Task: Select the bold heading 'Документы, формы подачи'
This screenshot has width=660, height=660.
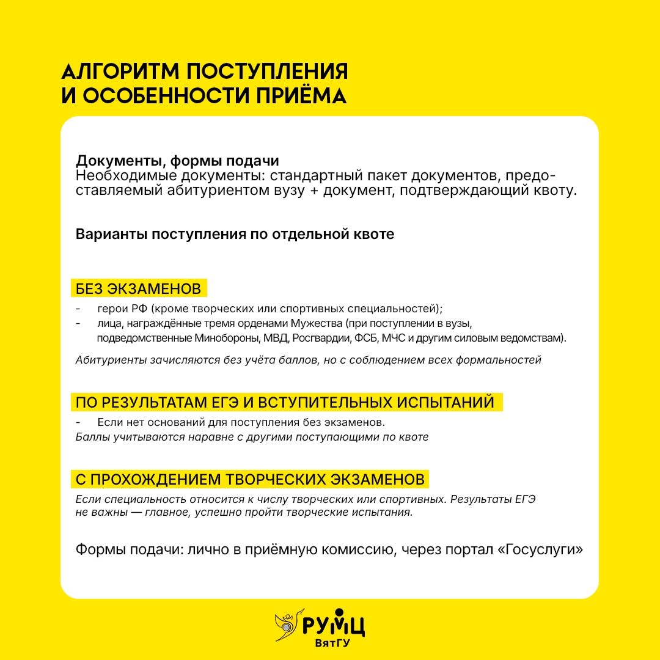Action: tap(177, 161)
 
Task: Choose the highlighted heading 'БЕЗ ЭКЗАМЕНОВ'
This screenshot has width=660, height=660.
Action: tap(138, 288)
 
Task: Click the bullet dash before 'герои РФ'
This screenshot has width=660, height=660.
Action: tap(78, 308)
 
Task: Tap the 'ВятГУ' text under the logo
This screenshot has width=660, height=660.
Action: tap(332, 643)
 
